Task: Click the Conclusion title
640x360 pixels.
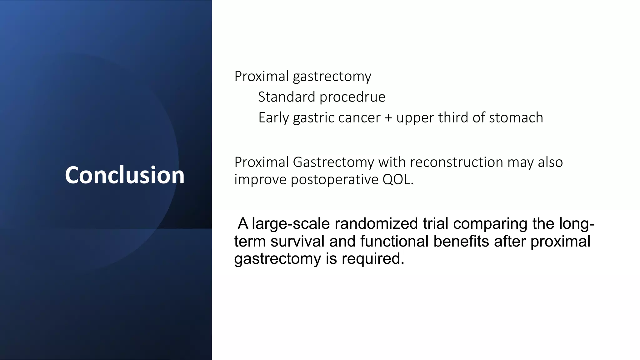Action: (x=124, y=175)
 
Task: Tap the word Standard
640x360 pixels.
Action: (x=287, y=97)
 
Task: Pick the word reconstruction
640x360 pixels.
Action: (x=456, y=162)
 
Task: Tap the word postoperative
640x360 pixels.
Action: (x=334, y=180)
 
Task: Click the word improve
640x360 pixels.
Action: (x=260, y=180)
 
